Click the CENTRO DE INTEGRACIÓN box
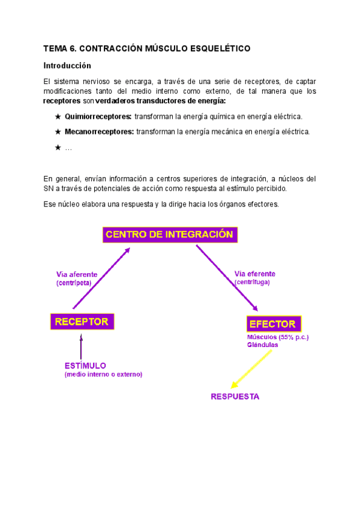170,235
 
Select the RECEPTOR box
82,322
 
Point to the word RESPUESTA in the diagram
235,397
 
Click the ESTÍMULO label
85,365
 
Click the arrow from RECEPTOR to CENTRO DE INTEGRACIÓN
101,270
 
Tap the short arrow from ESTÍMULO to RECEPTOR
82,345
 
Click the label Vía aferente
77,274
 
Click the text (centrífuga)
252,281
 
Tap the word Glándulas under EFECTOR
262,345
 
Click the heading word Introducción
67,65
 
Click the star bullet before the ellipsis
58,147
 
